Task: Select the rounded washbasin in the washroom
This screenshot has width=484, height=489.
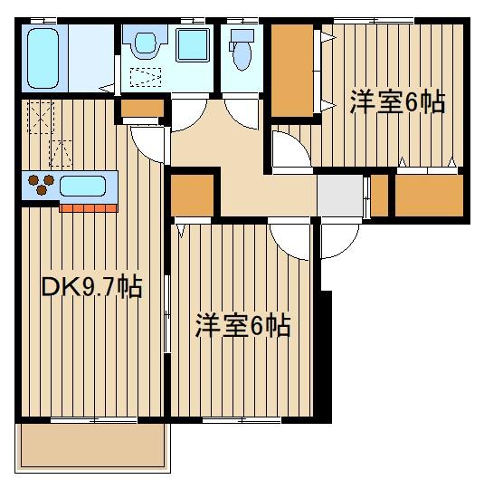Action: (144, 43)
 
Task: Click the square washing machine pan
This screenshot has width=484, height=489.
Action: (192, 45)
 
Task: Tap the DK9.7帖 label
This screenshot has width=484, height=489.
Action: (90, 289)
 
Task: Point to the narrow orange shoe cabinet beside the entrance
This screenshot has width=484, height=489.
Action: (380, 194)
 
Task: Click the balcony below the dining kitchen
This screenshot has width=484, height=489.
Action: (92, 446)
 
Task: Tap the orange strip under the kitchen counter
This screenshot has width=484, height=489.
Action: (90, 207)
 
